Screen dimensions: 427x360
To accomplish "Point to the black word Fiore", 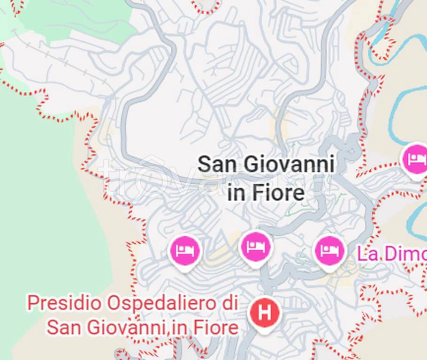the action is (280, 193).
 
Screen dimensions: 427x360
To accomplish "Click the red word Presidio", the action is (64, 303).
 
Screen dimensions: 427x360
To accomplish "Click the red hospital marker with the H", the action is (265, 313).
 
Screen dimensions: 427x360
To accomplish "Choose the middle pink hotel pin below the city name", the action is (256, 247).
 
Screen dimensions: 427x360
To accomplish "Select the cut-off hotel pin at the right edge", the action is (416, 159).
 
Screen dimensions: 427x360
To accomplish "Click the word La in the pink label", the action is (367, 254).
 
